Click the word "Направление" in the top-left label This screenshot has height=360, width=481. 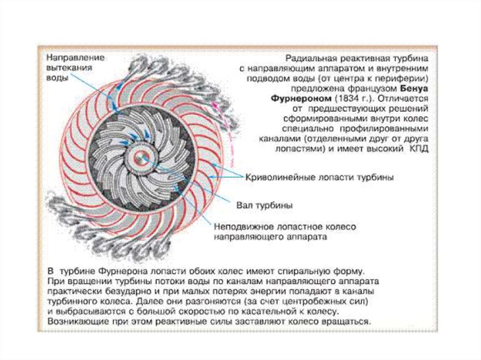(x=75, y=57)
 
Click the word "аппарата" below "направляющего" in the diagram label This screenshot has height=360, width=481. (x=308, y=237)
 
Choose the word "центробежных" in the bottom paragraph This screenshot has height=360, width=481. (x=326, y=301)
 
